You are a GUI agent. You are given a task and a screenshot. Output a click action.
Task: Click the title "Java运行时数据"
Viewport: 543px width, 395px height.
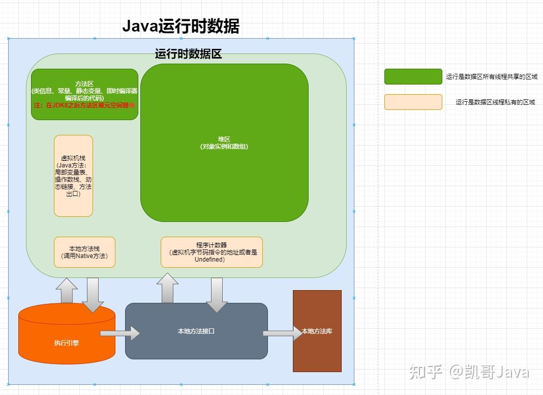tap(180, 26)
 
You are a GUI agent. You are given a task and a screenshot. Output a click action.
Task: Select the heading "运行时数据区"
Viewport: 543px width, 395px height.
tap(188, 54)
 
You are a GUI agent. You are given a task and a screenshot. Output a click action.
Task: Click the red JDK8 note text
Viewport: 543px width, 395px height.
tap(84, 105)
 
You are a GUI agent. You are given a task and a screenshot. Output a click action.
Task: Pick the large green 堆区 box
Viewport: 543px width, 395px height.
tap(224, 143)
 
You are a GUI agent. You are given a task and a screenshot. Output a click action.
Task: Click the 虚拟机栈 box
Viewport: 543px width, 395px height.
tap(73, 176)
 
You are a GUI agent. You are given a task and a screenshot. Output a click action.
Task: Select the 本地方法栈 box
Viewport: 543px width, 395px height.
tap(84, 252)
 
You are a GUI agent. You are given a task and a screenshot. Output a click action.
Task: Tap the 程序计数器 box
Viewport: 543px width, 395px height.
tap(212, 252)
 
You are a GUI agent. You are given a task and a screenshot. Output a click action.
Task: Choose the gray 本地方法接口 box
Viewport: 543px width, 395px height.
tap(196, 331)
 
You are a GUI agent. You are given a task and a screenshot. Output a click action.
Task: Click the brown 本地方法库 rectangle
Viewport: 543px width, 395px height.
tap(317, 331)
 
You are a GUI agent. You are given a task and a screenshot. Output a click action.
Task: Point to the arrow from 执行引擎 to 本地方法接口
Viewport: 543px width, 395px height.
tap(120, 333)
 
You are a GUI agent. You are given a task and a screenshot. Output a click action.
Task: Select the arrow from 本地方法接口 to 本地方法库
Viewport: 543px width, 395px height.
tap(283, 333)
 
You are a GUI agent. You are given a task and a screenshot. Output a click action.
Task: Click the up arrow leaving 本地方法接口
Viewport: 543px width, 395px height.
tap(167, 288)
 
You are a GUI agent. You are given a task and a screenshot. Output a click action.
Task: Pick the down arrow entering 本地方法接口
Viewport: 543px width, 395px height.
tap(217, 294)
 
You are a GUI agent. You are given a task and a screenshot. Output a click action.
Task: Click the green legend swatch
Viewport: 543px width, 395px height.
tap(413, 76)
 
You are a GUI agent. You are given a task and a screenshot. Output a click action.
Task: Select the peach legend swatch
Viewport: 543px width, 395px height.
tap(413, 102)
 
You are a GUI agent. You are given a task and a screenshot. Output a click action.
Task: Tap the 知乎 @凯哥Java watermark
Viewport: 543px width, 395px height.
tap(469, 372)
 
